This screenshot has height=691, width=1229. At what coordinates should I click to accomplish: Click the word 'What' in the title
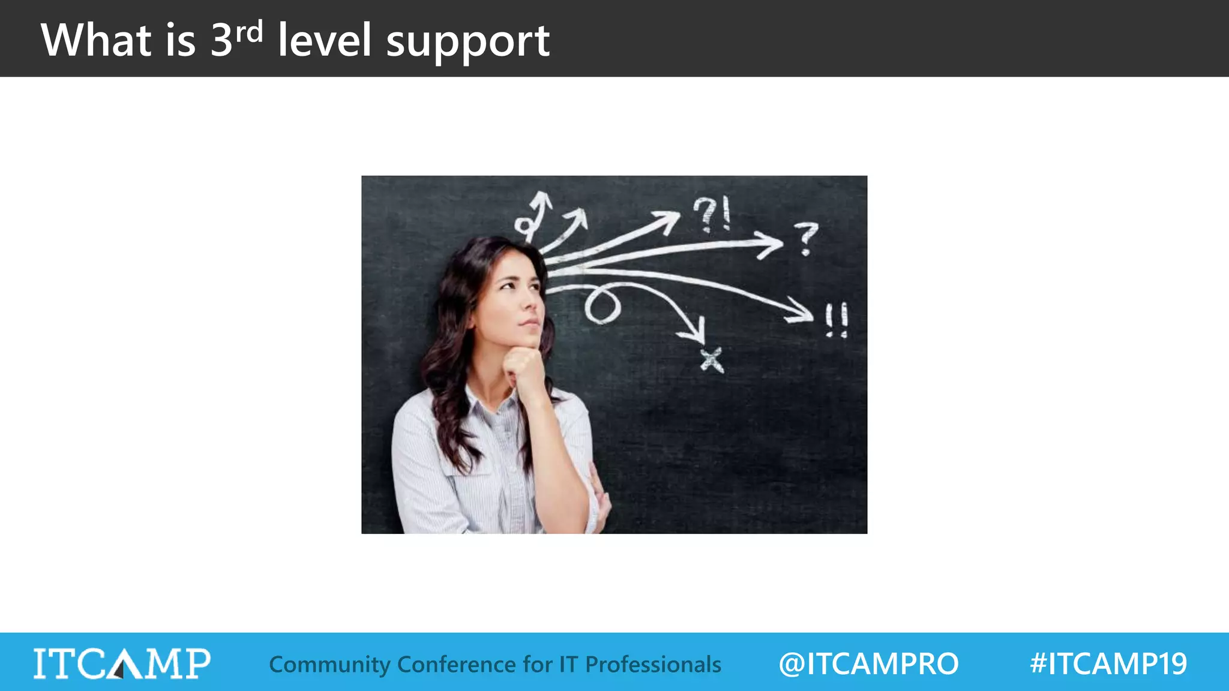click(96, 40)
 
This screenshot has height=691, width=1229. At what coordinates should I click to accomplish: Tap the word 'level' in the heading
click(325, 40)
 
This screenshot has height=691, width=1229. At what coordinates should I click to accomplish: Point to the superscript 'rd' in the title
click(248, 32)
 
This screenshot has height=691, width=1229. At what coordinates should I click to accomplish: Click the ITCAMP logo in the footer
click(122, 663)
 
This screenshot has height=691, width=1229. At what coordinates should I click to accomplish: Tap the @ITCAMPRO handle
click(868, 664)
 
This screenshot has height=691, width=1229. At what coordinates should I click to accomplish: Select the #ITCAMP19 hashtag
click(1108, 664)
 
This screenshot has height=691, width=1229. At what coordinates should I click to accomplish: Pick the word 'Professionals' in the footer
click(653, 665)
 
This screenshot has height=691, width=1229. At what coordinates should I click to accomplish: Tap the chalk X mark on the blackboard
click(712, 360)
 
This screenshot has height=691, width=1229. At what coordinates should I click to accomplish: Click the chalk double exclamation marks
click(836, 320)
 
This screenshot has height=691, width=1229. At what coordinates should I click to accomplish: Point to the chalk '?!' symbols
click(712, 214)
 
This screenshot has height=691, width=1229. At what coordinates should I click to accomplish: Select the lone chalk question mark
click(806, 238)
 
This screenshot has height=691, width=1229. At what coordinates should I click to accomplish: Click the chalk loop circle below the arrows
click(602, 306)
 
